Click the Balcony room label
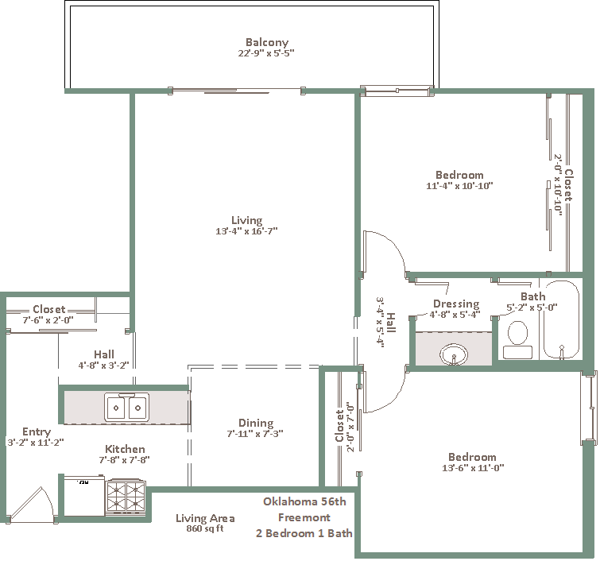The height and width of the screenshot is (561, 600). coord(267,42)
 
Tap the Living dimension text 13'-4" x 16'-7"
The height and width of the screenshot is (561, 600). coord(246,231)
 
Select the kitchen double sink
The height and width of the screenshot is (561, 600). coord(126,407)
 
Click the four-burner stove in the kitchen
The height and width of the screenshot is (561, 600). coord(126,497)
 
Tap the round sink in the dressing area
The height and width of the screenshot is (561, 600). coord(454,354)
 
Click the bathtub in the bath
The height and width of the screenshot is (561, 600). coord(561,320)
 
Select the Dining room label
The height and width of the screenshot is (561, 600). coord(256,423)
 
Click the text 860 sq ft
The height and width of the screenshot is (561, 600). coord(205,528)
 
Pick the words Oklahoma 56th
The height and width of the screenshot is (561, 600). coord(304,501)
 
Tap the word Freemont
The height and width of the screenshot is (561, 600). coord(304,517)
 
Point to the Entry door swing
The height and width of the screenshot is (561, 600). coord(33,503)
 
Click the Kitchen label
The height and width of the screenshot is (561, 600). coord(125,449)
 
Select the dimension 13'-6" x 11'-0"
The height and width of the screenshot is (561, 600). coord(473,467)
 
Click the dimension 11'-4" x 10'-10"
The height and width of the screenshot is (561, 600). coord(459,186)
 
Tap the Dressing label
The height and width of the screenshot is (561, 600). coord(456,304)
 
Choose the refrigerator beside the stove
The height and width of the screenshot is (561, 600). coord(84,496)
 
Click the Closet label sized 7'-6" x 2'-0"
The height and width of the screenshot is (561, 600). coord(49,309)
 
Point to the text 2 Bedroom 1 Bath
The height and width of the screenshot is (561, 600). coord(304,533)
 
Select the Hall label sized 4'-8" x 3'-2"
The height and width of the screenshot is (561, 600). coord(104,354)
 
